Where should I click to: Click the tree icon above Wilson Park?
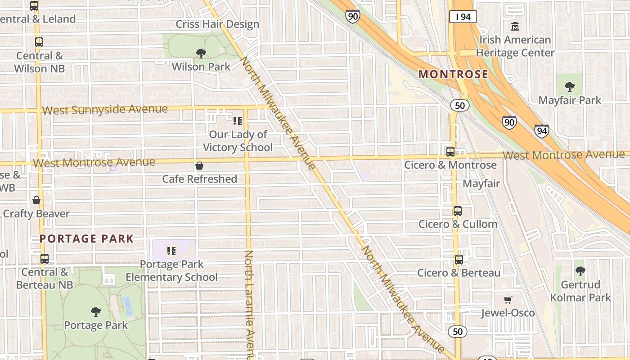coord(201,54)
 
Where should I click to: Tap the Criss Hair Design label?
coord(217,24)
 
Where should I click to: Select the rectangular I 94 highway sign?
coord(463,17)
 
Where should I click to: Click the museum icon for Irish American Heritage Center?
coord(515,27)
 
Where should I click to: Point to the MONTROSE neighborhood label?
coord(453,74)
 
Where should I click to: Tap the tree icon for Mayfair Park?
coord(570,87)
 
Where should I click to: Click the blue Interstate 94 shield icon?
coord(541,131)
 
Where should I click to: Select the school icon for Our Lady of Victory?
coord(237,121)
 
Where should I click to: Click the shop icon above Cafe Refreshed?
coord(199,166)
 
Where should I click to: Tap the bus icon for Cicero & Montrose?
coord(450,152)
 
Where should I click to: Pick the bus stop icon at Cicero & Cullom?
coord(458,211)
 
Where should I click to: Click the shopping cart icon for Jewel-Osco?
coord(508,300)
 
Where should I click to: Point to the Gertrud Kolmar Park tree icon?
coord(580,271)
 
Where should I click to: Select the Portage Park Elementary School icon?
coord(171,251)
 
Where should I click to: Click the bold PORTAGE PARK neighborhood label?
coord(86,238)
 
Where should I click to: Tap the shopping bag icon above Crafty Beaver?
coord(36,200)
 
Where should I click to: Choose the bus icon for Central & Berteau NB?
coord(44,259)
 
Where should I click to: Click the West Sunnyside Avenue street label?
coord(105,109)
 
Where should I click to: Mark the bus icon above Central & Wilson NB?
coord(39,42)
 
